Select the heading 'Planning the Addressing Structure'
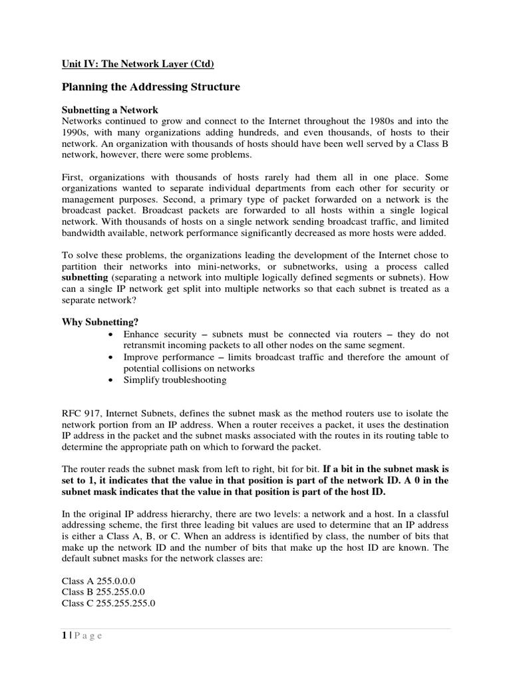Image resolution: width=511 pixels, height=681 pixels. (150, 87)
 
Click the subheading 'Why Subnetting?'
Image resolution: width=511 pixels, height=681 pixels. (100, 322)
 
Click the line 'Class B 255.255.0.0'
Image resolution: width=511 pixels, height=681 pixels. (103, 592)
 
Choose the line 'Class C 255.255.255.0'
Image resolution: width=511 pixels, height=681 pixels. (108, 603)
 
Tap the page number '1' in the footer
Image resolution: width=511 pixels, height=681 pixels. (64, 636)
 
